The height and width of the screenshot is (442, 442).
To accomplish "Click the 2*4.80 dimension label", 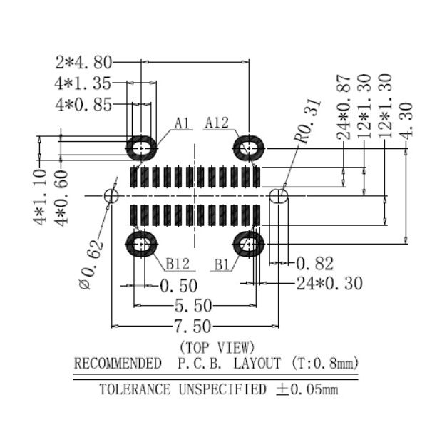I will coord(83,62).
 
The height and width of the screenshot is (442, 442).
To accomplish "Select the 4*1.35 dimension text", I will coord(83,83).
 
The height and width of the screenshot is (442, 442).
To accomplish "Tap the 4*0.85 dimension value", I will coord(83,105).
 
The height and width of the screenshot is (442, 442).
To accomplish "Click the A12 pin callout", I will coord(217,123).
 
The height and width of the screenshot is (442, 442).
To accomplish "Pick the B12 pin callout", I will coord(178,264).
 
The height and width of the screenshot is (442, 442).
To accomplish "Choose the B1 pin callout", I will coord(222,264).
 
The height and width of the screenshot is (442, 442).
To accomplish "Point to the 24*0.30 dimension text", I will coord(329,284).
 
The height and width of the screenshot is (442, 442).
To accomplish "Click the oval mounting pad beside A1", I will coord(142,148).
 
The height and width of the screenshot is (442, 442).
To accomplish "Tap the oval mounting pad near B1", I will coord(249,244).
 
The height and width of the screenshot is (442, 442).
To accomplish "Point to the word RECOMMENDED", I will coord(118,364).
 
